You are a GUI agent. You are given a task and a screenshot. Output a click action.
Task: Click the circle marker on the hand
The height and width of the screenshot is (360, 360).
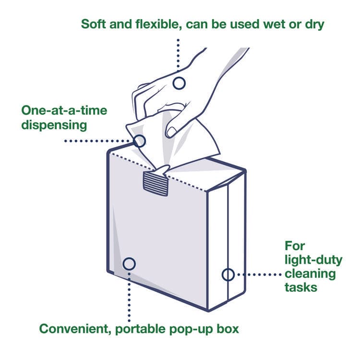point(179,83)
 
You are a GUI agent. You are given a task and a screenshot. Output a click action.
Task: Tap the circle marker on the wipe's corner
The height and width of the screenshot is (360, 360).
point(139,141)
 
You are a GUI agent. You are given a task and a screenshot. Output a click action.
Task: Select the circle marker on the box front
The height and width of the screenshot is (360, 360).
point(129,264)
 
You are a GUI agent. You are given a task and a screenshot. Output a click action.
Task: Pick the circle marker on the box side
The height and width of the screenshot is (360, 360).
point(228,275)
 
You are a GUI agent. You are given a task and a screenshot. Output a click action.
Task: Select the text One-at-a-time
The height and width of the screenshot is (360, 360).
point(64,110)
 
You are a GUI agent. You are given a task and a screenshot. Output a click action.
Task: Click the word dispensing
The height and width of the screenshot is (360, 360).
point(54,125)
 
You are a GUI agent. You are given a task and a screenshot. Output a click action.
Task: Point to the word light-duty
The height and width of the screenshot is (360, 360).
point(313,260)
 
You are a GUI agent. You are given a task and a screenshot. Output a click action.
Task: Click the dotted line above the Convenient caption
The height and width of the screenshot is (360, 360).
point(129,298)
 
